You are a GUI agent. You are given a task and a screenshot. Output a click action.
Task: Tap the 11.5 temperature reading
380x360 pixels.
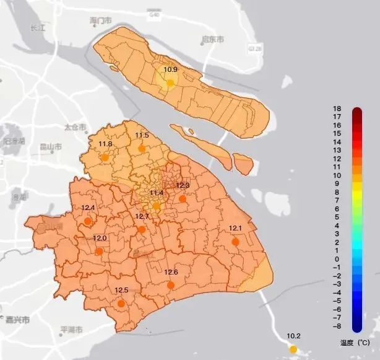click(142, 136)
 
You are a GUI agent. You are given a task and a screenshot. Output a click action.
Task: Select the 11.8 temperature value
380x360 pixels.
click(105, 144)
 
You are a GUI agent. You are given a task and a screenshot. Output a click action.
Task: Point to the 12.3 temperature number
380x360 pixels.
click(183, 185)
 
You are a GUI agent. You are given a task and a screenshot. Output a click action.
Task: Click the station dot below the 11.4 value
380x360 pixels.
click(157, 206)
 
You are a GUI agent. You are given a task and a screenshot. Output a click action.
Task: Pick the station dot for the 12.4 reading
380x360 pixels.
click(89, 220)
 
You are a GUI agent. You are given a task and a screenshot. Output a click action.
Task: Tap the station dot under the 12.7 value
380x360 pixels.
click(142, 229)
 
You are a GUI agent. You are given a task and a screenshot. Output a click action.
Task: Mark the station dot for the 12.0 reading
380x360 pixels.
click(100, 251)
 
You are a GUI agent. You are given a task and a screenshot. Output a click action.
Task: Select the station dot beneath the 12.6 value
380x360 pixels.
click(171, 285)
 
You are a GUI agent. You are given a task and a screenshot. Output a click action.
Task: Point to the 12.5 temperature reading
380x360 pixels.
click(121, 291)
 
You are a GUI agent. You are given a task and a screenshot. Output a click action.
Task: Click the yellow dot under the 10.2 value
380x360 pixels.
click(293, 349)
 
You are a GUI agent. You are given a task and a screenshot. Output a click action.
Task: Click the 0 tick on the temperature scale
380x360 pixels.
click(337, 259)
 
